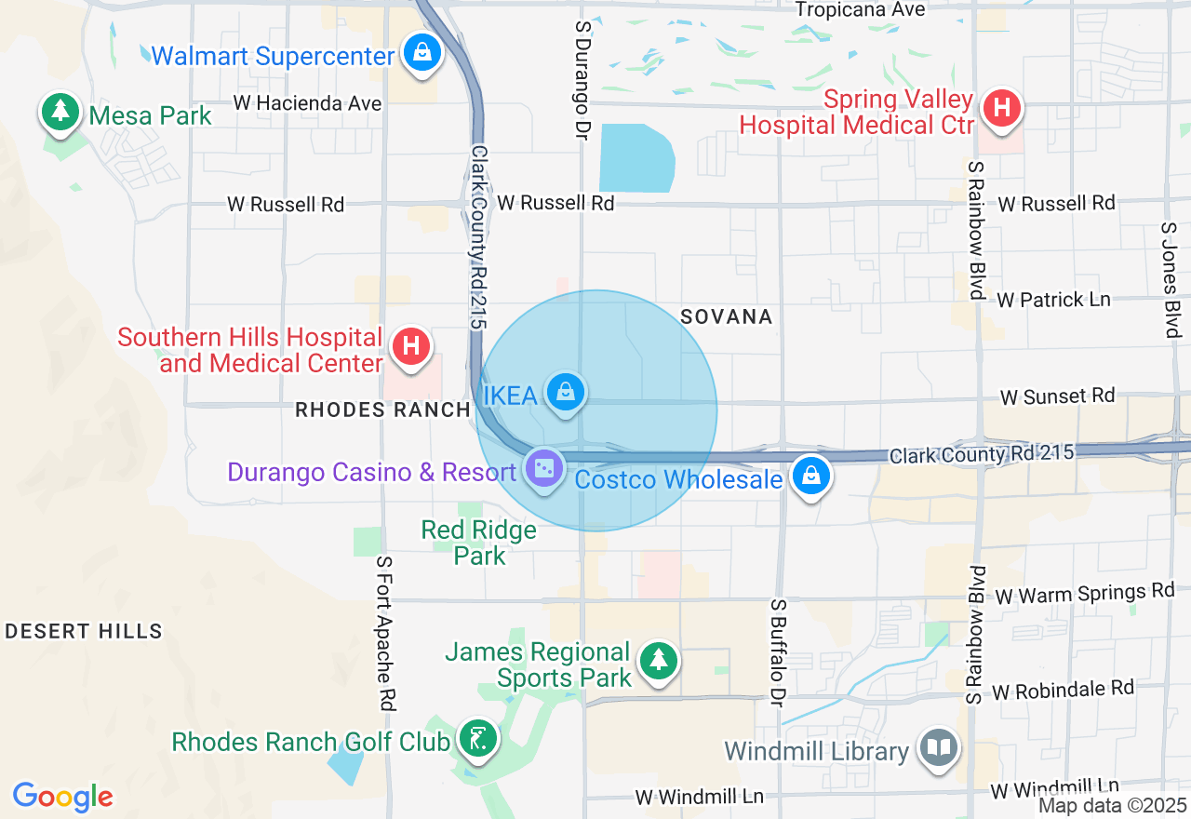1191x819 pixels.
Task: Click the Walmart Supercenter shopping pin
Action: point(422,53)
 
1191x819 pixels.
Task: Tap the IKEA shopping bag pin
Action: point(565,392)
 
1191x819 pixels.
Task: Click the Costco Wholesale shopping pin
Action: point(811,476)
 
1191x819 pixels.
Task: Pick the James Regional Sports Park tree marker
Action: point(659,661)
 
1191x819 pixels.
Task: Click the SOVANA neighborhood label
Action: point(727,317)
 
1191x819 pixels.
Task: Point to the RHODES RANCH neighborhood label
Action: point(382,409)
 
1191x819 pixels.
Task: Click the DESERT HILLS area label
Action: point(84,632)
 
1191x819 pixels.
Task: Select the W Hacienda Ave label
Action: point(308,103)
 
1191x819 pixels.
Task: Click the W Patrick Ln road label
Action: point(1053,300)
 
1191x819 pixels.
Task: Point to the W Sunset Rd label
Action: point(1057,396)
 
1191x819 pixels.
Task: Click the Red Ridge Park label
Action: point(479,543)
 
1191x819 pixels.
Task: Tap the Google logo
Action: point(63,798)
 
